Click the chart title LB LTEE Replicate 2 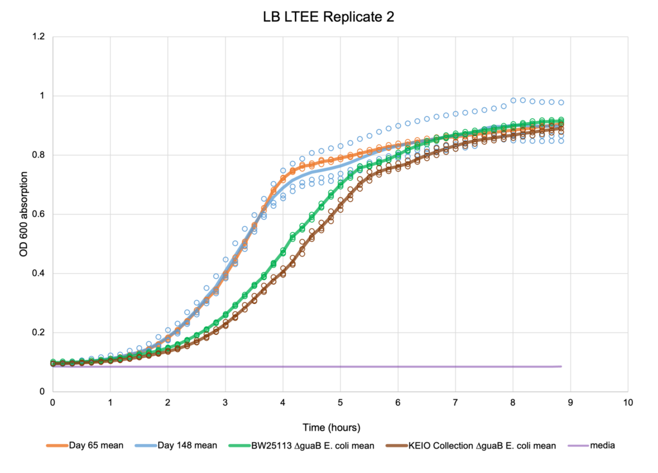328,17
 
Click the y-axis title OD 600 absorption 24,215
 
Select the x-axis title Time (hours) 332,427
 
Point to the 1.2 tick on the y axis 38,37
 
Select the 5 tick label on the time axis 341,403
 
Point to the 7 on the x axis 456,403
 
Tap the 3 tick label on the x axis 226,403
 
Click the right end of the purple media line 561,366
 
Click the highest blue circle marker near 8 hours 513,100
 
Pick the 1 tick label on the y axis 42,96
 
